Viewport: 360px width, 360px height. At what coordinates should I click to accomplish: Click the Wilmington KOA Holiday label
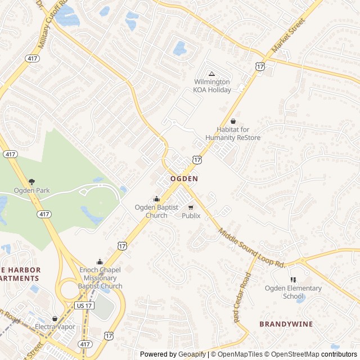tap(211, 85)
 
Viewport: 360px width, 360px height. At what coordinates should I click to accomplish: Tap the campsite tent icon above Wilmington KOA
tap(212, 74)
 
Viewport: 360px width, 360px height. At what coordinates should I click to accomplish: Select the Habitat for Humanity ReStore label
tap(233, 134)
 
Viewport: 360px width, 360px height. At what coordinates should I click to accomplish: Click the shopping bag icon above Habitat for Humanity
tap(233, 121)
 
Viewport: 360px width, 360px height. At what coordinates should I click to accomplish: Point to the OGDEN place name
tap(184, 178)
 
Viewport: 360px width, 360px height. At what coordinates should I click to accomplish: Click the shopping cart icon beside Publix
tap(191, 207)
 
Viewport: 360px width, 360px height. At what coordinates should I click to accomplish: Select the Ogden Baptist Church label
tap(156, 211)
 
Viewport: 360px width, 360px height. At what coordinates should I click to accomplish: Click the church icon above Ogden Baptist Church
tap(156, 199)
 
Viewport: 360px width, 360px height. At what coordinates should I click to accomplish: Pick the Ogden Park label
tap(31, 191)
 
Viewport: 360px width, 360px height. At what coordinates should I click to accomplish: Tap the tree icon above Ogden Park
tap(31, 181)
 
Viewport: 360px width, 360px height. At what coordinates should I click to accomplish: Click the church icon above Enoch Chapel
tap(100, 261)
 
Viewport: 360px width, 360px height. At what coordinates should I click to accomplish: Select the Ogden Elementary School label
tap(293, 292)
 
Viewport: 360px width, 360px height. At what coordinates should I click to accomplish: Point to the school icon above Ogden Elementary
tap(293, 280)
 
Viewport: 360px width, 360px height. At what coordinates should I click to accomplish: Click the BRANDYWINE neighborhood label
tap(286, 324)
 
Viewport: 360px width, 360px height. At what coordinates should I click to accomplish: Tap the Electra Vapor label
tap(55, 326)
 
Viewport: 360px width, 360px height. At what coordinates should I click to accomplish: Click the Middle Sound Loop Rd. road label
tap(253, 248)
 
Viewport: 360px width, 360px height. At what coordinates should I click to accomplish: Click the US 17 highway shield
tap(82, 304)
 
